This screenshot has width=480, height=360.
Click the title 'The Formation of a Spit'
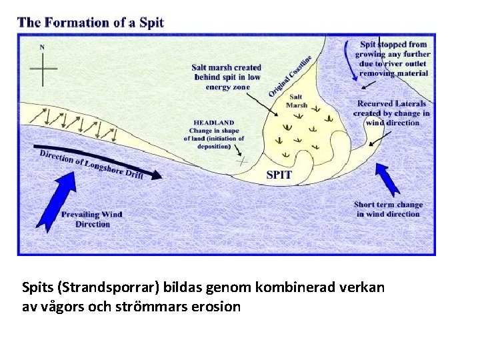click(x=91, y=22)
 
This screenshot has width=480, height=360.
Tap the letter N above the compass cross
click(x=43, y=47)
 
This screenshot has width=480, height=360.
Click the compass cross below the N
click(x=43, y=69)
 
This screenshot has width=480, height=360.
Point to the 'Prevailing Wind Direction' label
click(x=93, y=219)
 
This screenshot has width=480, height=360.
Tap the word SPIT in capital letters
click(x=279, y=175)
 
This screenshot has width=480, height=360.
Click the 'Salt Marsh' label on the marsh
click(x=296, y=101)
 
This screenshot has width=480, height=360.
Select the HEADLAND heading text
click(x=213, y=123)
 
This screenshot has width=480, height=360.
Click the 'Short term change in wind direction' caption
click(x=388, y=209)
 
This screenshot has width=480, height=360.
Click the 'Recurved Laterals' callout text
click(x=393, y=113)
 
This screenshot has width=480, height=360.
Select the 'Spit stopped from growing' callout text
click(x=393, y=59)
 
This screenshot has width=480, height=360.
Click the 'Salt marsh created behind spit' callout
click(x=227, y=77)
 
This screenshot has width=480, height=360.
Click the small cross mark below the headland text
click(x=242, y=160)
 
